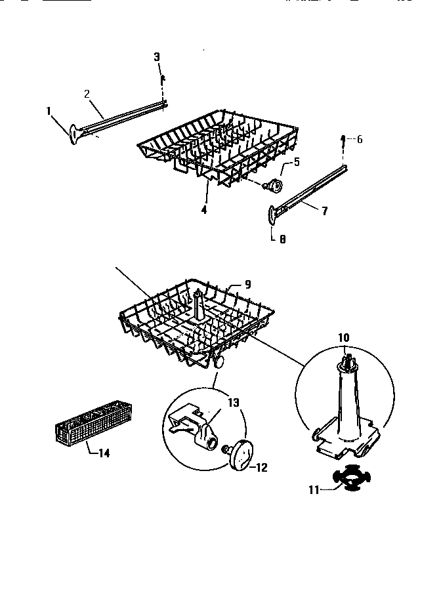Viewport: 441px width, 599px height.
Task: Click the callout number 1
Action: pyautogui.click(x=49, y=111)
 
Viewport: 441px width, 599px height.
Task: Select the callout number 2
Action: pyautogui.click(x=87, y=93)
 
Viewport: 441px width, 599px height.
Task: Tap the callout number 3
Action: pyautogui.click(x=157, y=57)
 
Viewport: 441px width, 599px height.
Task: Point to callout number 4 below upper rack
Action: pyautogui.click(x=203, y=211)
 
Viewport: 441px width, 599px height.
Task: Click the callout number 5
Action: pyautogui.click(x=297, y=161)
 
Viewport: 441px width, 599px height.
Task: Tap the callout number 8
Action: pyautogui.click(x=282, y=239)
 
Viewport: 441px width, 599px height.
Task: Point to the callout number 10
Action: pyautogui.click(x=344, y=337)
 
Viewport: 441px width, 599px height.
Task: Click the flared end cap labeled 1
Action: pyautogui.click(x=71, y=133)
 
